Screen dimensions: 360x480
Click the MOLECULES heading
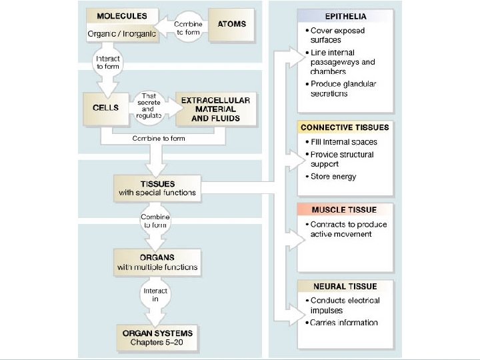pos(122,15)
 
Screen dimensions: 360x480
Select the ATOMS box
pos(231,24)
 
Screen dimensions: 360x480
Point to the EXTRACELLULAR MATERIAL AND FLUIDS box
pos(215,109)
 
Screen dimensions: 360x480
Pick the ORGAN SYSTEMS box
pos(157,338)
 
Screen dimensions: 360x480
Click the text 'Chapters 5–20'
pos(157,343)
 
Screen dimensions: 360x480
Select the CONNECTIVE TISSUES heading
pos(345,127)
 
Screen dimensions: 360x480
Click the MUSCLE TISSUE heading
pos(344,210)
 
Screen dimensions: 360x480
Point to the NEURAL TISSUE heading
pos(345,287)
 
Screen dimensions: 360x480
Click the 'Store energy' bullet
pos(333,177)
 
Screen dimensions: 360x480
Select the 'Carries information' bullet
pos(344,323)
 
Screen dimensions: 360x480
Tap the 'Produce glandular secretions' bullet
pos(343,89)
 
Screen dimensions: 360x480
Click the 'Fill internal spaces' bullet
pos(343,142)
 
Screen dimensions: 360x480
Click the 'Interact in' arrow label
pos(155,295)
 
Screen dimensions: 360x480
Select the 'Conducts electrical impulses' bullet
pos(345,305)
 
